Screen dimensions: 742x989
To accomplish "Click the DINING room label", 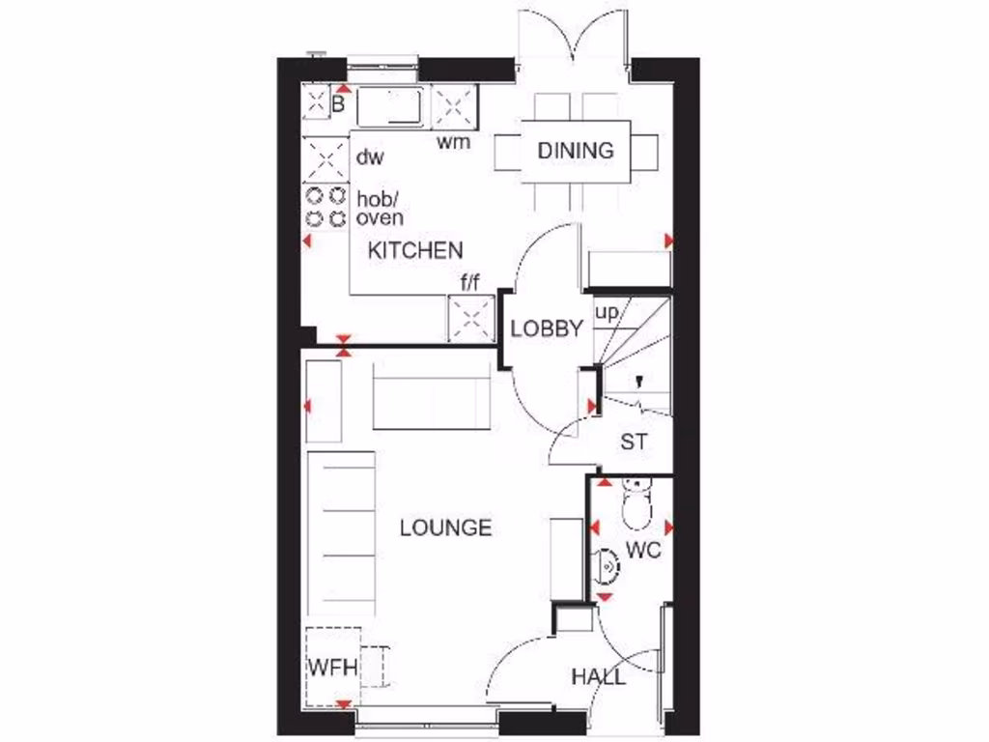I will pos(576,151).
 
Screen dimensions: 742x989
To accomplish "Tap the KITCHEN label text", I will pos(415,251).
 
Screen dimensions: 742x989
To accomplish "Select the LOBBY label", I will pos(547,328).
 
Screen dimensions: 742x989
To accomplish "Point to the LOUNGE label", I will pos(445,528).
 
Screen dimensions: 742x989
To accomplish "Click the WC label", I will pos(643,551).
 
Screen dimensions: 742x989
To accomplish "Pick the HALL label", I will pos(598,676).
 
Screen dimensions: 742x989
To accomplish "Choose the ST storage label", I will pos(634,443).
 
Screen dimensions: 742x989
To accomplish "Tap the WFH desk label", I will pos(333,669).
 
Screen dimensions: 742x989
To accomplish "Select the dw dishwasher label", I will pos(370,156).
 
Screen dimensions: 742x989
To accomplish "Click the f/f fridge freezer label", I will pos(470,284).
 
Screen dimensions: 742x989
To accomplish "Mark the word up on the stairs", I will pos(607,313).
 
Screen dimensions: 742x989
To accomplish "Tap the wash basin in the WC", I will pos(606,563).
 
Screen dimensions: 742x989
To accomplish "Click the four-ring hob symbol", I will pos(325,207).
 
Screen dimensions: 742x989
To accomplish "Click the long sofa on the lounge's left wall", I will pos(341,532).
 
